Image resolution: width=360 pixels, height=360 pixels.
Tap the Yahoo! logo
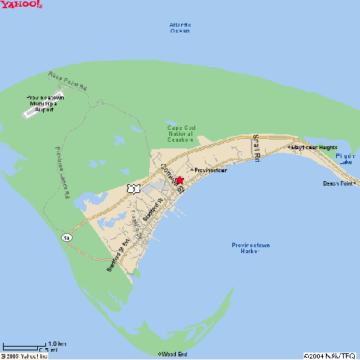tap(22, 5)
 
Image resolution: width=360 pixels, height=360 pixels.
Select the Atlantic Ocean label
tap(180, 27)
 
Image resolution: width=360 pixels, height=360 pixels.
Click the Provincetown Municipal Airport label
tap(48, 102)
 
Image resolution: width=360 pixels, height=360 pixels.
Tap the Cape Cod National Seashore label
tap(180, 133)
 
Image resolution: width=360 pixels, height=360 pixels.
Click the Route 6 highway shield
tap(131, 189)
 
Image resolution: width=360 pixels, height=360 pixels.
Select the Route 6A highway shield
tap(66, 236)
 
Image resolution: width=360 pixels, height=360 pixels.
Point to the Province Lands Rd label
tap(62, 171)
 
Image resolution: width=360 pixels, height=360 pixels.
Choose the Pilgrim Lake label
tap(344, 160)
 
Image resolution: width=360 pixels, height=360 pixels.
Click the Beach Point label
tap(338, 183)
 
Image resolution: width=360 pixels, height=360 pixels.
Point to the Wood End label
tap(174, 354)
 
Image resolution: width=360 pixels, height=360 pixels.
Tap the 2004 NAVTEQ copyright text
tap(330, 355)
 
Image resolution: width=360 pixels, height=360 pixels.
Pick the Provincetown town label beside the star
tap(209, 170)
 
